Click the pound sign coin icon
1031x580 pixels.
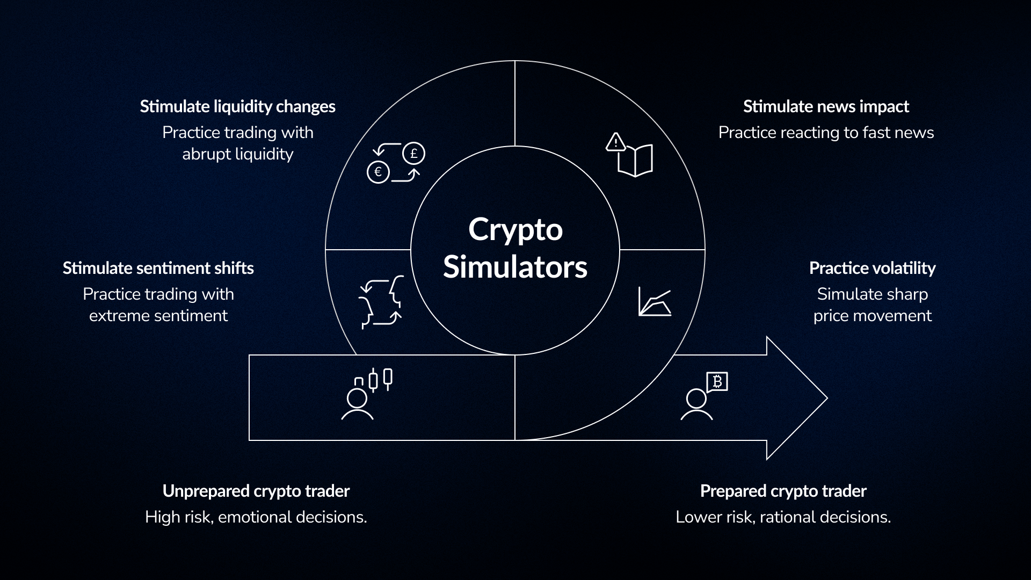coord(413,154)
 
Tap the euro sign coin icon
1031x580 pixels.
coord(378,172)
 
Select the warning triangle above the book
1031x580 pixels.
coord(615,142)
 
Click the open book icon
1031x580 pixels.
coord(635,161)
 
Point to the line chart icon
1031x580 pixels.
coord(655,302)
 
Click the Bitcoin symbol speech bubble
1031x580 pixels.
coord(717,381)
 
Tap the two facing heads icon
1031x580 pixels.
coord(381,302)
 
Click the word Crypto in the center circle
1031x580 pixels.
coord(515,230)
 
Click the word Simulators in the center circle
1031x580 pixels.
coord(515,267)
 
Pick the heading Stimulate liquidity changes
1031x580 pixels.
coord(237,106)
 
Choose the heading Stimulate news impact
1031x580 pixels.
coord(826,106)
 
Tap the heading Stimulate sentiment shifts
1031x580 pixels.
coord(158,268)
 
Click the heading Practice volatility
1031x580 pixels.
coord(872,268)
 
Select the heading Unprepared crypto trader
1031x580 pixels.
coord(256,491)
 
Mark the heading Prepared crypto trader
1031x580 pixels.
coord(783,491)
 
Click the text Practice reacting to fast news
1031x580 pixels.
coord(826,133)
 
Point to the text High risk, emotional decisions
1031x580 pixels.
coord(256,517)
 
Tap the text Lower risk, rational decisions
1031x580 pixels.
coord(783,517)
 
